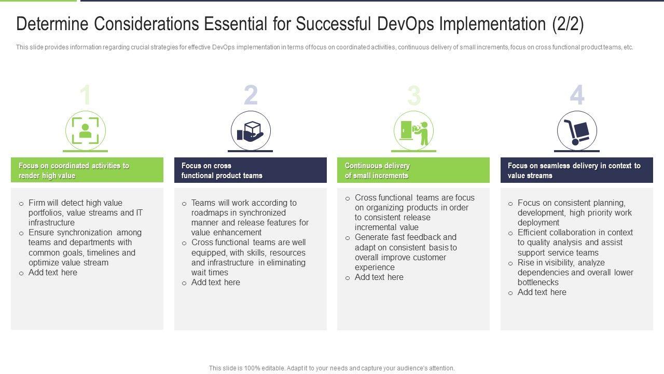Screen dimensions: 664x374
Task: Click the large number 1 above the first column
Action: [86, 95]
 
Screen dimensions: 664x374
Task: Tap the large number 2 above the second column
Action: [251, 95]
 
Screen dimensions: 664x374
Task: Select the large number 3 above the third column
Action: [414, 95]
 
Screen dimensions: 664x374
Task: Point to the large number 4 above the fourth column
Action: [577, 95]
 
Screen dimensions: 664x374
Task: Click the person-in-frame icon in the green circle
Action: [86, 130]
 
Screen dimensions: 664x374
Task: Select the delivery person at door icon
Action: [414, 133]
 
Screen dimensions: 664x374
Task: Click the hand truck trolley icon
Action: [576, 132]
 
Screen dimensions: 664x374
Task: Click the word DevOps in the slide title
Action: [406, 24]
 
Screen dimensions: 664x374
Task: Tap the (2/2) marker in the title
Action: [568, 24]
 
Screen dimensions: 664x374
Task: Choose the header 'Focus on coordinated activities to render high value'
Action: [74, 170]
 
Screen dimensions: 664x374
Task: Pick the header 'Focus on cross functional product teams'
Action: [222, 170]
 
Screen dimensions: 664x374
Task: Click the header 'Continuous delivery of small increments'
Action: [377, 170]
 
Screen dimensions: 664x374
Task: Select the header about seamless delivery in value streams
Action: [574, 170]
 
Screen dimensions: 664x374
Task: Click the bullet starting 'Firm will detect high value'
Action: [86, 212]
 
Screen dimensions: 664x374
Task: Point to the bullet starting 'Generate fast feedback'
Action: [406, 252]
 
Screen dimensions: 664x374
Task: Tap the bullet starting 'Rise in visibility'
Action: [575, 272]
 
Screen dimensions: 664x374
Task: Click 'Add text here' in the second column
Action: [215, 282]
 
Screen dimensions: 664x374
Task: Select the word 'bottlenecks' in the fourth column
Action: [538, 282]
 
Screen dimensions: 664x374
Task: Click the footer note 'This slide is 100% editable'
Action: [331, 368]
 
